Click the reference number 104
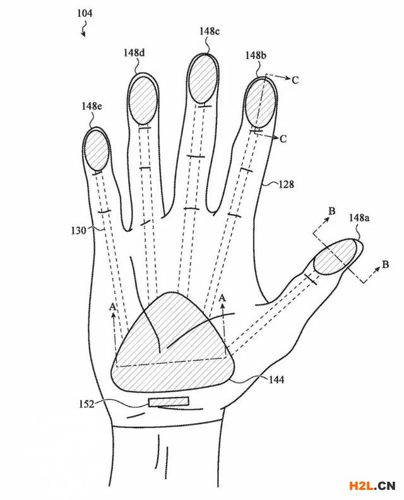click(85, 13)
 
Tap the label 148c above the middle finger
click(210, 32)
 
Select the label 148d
click(134, 52)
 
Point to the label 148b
click(256, 56)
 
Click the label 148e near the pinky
click(92, 106)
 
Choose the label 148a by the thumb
click(359, 218)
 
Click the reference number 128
click(287, 184)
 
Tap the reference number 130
click(79, 230)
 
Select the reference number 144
click(276, 380)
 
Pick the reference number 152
click(86, 404)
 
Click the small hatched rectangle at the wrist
click(169, 402)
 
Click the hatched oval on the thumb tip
click(335, 256)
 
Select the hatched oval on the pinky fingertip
click(96, 150)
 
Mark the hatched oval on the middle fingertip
click(203, 79)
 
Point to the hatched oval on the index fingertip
click(260, 103)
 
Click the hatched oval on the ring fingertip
click(143, 100)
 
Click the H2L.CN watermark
click(372, 485)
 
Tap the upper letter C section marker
click(295, 80)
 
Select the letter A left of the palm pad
click(112, 307)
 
